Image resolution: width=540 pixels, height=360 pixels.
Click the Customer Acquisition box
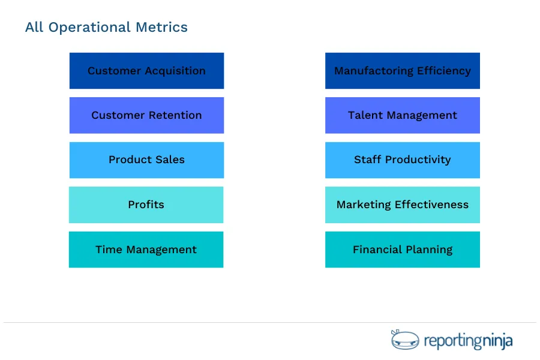coord(146,71)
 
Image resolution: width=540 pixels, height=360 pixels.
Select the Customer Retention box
coord(146,115)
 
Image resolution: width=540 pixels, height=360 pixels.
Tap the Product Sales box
coord(146,160)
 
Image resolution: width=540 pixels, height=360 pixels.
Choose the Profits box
coord(146,205)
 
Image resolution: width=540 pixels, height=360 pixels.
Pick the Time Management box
coord(146,250)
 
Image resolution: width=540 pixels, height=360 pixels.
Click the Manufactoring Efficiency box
coord(402,71)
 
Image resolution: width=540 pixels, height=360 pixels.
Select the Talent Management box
coord(402,115)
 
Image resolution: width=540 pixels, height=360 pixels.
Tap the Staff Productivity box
coord(402,160)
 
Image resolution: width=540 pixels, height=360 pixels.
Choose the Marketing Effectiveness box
coord(402,205)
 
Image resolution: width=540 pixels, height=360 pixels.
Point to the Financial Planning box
coord(402,250)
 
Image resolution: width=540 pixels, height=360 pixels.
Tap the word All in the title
coord(34,28)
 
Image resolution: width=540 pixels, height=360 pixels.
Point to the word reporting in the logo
coord(453,341)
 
